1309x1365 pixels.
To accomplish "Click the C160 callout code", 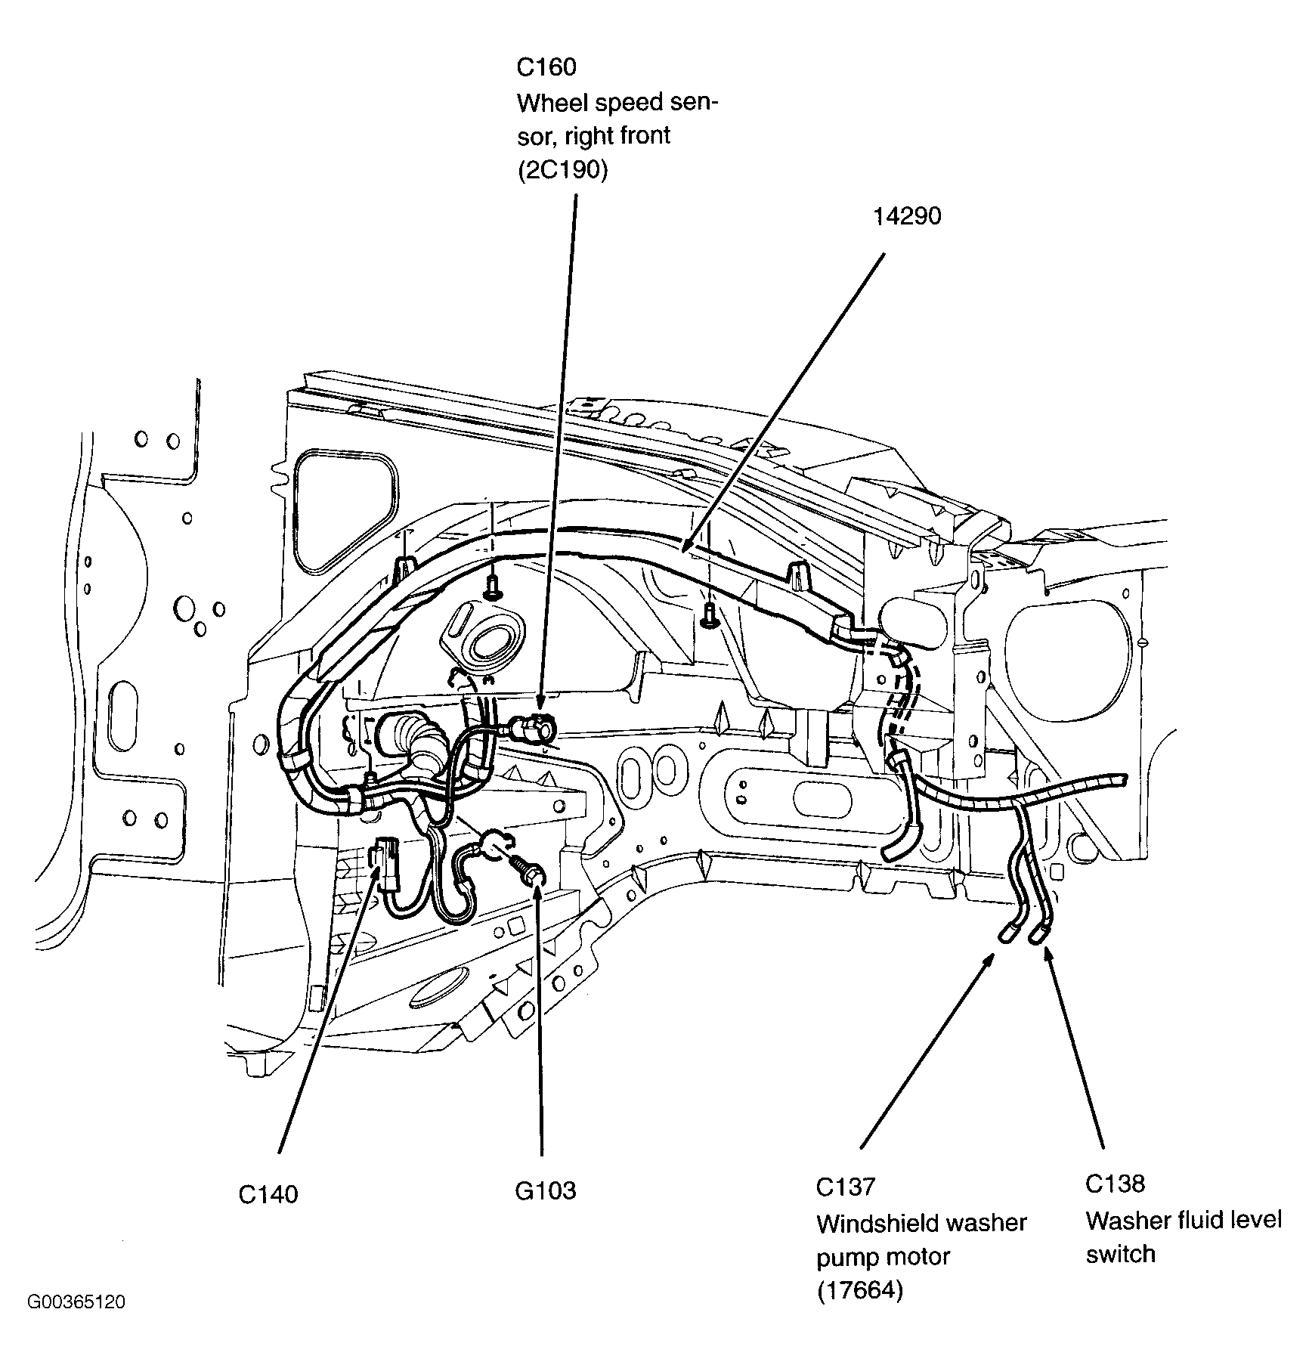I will click(x=546, y=67).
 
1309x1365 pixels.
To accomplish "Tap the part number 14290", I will click(x=907, y=217).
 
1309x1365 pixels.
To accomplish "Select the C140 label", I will click(x=268, y=1194).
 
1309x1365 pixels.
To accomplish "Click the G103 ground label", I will click(x=545, y=1190).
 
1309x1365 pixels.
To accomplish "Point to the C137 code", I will click(x=845, y=1187).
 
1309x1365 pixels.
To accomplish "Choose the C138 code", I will click(x=1116, y=1184).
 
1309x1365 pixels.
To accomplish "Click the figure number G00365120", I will click(x=76, y=1302).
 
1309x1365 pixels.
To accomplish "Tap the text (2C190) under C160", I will click(x=562, y=171).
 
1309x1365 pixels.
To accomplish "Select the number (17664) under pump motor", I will click(x=859, y=1291).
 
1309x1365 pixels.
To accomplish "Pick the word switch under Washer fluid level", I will click(x=1120, y=1254).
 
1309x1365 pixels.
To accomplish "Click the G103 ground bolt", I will click(x=531, y=875).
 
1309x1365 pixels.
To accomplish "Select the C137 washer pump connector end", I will click(x=1006, y=936).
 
